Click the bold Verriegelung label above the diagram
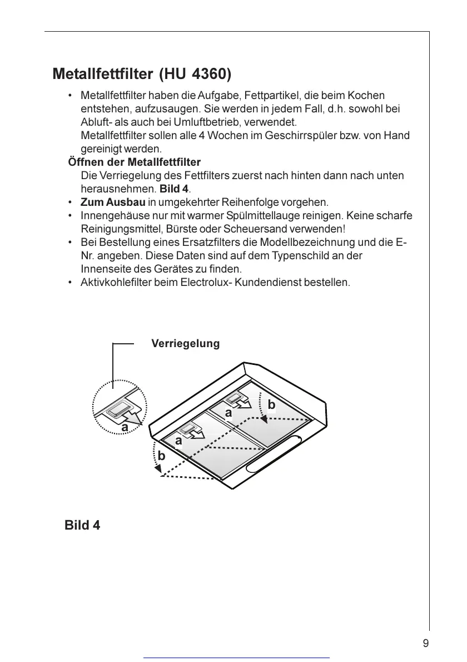coord(186,344)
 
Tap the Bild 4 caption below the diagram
coord(82,525)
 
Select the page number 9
coord(425,644)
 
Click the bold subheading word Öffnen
coord(86,162)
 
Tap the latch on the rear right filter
coord(237,399)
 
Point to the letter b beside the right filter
coord(271,405)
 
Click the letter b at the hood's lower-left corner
coord(161,456)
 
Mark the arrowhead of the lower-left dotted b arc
coord(158,472)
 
